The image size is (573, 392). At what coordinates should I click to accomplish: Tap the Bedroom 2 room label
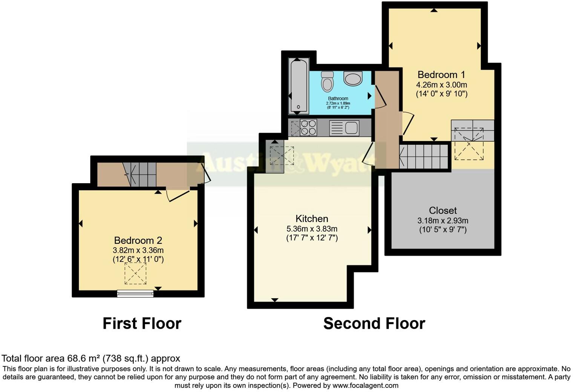(x=138, y=240)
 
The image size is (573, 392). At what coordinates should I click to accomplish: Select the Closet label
(x=443, y=211)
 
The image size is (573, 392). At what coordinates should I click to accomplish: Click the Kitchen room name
(x=311, y=219)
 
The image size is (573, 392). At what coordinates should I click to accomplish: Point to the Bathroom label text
(x=338, y=98)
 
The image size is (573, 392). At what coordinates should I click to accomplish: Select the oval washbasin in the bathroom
(x=353, y=79)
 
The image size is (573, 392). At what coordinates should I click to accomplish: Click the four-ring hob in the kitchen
(x=308, y=127)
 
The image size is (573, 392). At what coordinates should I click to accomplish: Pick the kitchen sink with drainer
(x=344, y=128)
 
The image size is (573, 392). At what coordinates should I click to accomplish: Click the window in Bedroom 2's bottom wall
(x=135, y=293)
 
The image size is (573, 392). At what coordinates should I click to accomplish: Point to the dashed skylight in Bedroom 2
(x=135, y=274)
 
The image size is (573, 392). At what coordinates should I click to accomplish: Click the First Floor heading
(x=142, y=323)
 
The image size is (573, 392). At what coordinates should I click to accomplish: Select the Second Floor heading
(x=374, y=323)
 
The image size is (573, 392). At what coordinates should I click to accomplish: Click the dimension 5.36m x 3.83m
(x=311, y=229)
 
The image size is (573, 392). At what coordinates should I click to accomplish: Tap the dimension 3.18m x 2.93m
(x=443, y=220)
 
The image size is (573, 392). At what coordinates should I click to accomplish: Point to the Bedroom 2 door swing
(x=177, y=194)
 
